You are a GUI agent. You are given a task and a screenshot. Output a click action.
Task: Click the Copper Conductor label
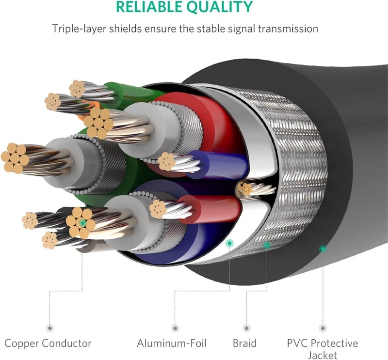48,344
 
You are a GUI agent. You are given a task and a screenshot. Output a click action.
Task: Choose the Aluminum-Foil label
172,344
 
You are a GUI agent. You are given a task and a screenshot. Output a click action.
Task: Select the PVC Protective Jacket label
323,348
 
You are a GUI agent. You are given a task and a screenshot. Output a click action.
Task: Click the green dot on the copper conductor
83,223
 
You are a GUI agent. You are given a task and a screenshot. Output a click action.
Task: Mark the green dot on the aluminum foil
229,243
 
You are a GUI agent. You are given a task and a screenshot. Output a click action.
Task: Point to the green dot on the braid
266,245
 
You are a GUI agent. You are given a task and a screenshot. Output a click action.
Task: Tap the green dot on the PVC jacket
322,249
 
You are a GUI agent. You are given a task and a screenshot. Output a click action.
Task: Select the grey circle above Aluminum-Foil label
174,328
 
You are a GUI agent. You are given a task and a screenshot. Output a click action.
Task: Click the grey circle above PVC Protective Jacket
322,328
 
